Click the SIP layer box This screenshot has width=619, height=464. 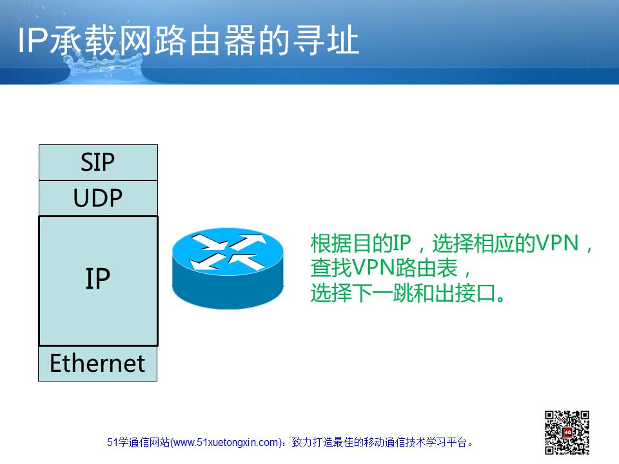coord(98,162)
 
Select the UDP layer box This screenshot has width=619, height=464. coord(98,198)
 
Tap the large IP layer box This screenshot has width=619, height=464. coord(98,281)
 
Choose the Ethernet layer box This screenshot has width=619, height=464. coord(97,363)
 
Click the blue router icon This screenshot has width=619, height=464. coord(228,268)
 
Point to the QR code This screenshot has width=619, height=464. coord(567,432)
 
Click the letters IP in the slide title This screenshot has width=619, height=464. coord(33,40)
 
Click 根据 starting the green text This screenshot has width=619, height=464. coord(331,243)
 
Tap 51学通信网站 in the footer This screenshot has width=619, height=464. coord(138,443)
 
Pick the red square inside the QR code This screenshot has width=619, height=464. coord(567,432)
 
